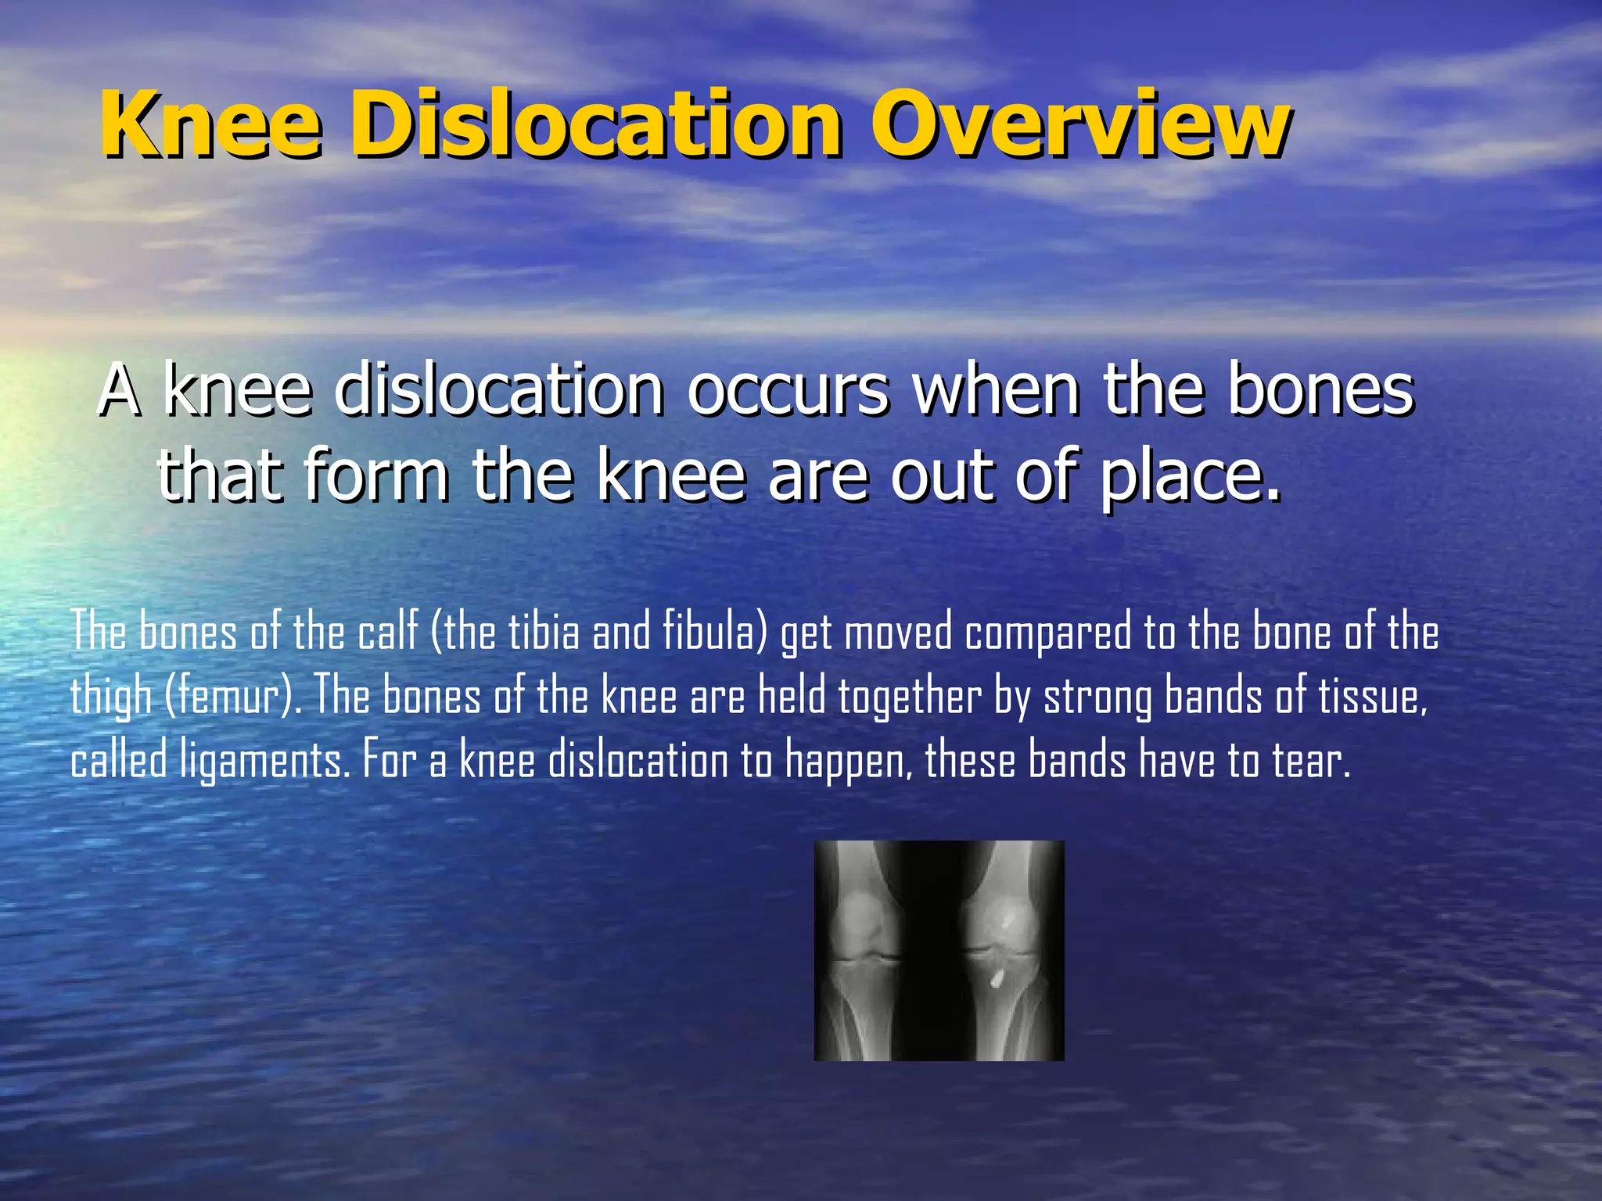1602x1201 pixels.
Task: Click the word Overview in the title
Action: (1079, 125)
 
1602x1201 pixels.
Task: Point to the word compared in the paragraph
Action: (1048, 633)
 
